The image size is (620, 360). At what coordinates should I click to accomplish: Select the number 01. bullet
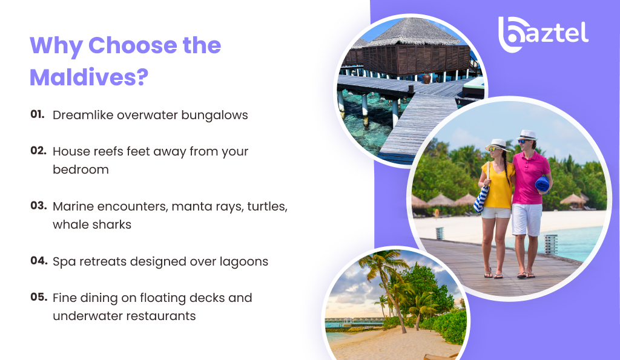coord(38,114)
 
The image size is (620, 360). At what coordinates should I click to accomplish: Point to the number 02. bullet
coord(38,150)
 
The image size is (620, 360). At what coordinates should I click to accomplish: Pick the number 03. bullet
coord(38,205)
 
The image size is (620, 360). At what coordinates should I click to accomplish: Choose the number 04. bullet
coord(38,261)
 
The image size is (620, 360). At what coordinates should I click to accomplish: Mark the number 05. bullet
coord(38,297)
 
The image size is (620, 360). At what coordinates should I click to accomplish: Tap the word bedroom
coord(81,169)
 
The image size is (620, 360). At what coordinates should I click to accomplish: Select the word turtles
coord(263,206)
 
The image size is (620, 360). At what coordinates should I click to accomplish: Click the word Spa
coord(64,262)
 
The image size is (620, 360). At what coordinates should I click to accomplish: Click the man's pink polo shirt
coord(529,177)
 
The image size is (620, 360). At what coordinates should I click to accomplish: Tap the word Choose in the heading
coord(154,45)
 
